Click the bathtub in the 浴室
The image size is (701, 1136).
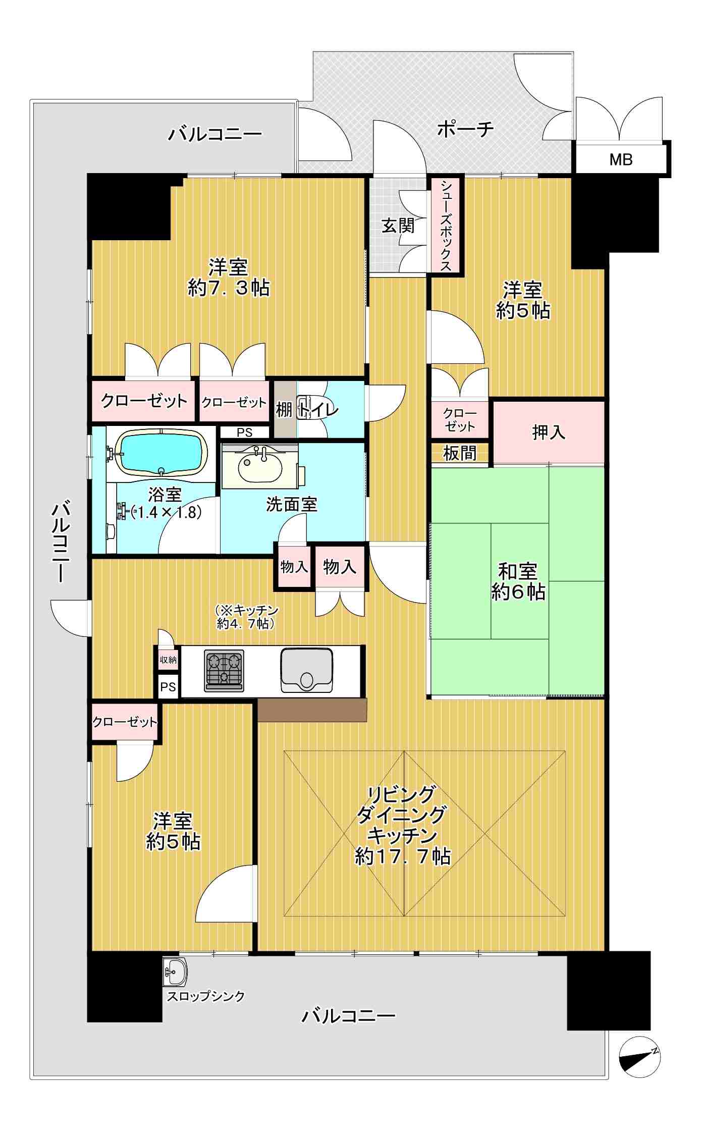point(161,452)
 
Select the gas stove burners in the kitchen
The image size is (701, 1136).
point(224,670)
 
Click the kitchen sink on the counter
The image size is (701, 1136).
point(306,670)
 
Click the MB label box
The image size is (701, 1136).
point(621,159)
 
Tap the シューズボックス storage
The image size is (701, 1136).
point(446,225)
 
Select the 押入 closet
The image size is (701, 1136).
point(549,431)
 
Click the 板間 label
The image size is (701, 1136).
point(460,453)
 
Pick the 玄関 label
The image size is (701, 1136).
point(398,226)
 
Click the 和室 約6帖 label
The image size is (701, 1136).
point(518,582)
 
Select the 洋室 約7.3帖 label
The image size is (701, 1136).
point(229,278)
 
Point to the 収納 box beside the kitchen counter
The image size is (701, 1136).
point(168,659)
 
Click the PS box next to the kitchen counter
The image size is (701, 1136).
point(168,686)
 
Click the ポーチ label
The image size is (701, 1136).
point(465,130)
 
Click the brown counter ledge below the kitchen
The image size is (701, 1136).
point(312,710)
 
